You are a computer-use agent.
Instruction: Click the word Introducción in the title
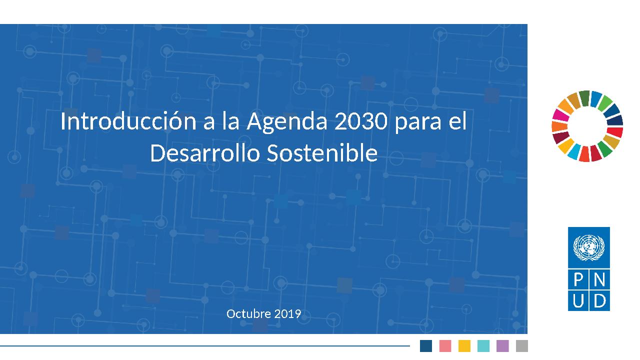coord(128,121)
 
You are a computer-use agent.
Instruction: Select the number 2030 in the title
coord(361,121)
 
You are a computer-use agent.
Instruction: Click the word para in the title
coord(417,123)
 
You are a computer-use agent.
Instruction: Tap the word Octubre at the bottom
coord(248,313)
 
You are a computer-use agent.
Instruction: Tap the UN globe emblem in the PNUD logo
coord(588,247)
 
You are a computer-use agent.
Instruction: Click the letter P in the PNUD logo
coord(578,279)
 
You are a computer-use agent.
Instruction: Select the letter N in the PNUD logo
coord(599,279)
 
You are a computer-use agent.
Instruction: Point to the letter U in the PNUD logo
coord(578,300)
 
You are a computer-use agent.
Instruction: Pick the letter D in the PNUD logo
coord(599,300)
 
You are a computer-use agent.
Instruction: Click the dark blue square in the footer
coord(425,345)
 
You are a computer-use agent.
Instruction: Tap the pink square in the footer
coord(445,345)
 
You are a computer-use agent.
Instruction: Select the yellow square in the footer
coord(464,345)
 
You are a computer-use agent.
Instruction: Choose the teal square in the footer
coord(483,345)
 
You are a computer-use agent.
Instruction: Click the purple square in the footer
coord(502,345)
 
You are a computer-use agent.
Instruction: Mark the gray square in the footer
coord(521,345)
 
